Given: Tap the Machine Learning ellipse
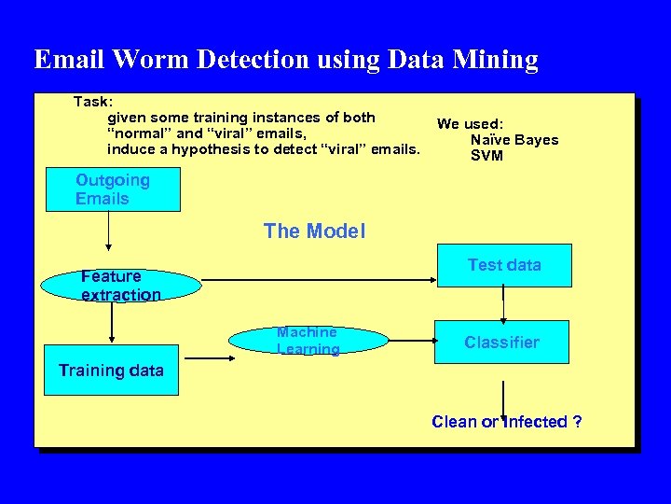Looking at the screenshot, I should (x=308, y=342).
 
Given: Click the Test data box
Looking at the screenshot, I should (x=503, y=266).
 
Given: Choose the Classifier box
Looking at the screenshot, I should (x=502, y=343).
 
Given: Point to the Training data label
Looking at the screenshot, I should (x=111, y=371).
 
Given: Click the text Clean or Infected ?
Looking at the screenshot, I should (x=507, y=422).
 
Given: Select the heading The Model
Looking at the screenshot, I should (x=314, y=231).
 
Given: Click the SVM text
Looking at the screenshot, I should (x=486, y=156).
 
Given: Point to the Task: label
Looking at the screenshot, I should (x=93, y=101).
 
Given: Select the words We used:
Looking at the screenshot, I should (x=470, y=124).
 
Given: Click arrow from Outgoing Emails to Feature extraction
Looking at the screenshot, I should (x=109, y=231).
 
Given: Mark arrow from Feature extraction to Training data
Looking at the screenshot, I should (x=112, y=323).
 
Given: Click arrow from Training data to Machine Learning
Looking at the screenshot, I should (x=205, y=355).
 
